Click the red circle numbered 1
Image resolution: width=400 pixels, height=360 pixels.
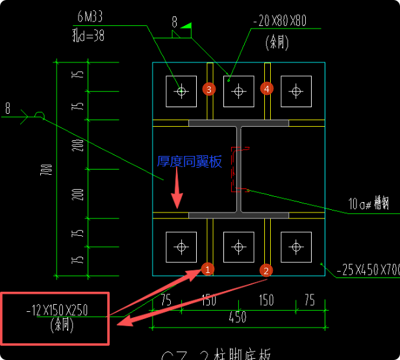coord(206,268)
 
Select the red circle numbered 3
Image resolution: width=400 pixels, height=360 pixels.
coord(208,89)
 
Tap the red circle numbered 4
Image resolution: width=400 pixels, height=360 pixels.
coord(266,88)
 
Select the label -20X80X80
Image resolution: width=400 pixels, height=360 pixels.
coord(279,21)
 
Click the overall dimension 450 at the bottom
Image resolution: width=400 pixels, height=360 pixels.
coord(238,318)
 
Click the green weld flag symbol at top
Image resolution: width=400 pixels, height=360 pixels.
coord(187,27)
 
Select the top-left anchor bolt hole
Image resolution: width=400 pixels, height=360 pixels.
coord(182,91)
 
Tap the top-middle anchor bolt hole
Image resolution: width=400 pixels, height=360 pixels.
coord(239,91)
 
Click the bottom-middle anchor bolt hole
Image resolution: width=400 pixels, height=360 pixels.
coord(239,247)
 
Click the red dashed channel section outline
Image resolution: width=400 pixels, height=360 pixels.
coord(236,170)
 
